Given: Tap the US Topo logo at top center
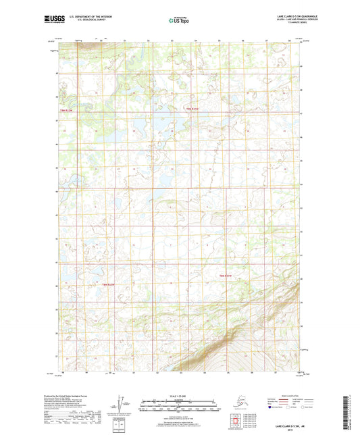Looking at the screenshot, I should (178, 21).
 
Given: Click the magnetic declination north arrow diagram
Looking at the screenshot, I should (121, 404).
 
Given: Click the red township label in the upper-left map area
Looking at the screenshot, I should (66, 109).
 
